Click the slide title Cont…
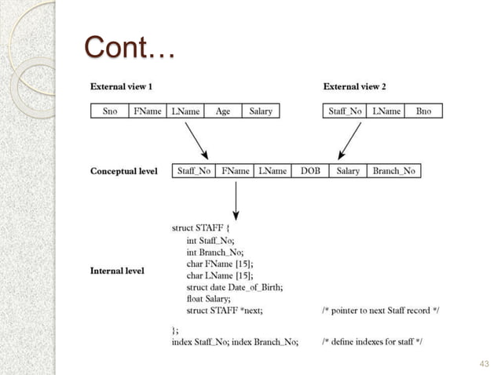[130, 49]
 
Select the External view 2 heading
[355, 86]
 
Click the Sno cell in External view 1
[110, 111]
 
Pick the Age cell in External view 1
[223, 111]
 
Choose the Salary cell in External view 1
[261, 111]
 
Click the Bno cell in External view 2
[423, 111]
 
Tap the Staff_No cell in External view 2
[345, 111]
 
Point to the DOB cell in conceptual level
[310, 170]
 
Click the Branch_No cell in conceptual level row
[394, 170]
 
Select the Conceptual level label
[124, 171]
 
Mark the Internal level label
[118, 271]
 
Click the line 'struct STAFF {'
[201, 228]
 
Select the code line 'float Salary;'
[208, 298]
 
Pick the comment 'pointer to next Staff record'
[381, 310]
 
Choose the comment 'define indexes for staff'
[373, 340]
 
